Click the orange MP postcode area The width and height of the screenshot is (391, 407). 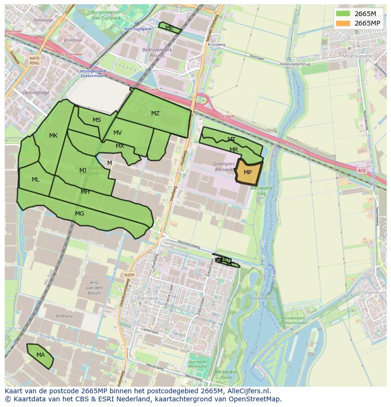(248, 173)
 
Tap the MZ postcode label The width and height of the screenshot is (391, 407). (155, 113)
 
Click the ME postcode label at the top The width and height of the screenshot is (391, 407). (170, 28)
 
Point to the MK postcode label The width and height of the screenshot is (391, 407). (53, 136)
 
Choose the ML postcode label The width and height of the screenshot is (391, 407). (35, 180)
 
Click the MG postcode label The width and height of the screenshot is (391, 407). (79, 214)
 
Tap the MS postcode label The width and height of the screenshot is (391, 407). (97, 120)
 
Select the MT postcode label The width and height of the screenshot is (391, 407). (231, 139)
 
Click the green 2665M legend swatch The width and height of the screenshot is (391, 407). (343, 14)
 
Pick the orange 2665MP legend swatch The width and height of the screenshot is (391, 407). (343, 23)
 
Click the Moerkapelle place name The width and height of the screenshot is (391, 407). (358, 55)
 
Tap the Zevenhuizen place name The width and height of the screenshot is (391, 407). (374, 294)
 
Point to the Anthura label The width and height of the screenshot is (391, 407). (64, 316)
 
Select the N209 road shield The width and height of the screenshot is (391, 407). (129, 275)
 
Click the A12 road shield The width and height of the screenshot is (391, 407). (362, 171)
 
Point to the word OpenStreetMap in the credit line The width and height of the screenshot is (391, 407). (255, 399)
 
